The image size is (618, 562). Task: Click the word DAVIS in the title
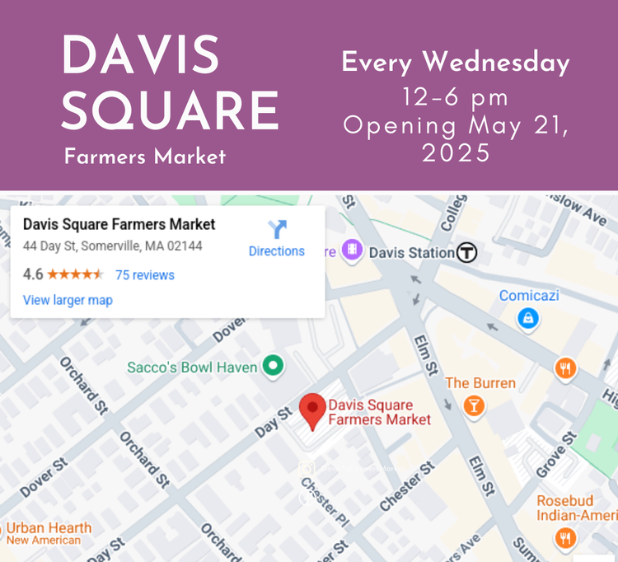(141, 57)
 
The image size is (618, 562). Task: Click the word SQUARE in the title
(170, 110)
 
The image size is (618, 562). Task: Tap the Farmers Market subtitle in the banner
(145, 157)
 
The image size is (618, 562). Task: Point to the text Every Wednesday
(456, 63)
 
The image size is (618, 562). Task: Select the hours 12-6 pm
(456, 98)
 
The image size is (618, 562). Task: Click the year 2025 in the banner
(456, 153)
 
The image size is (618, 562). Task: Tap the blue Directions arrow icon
(277, 230)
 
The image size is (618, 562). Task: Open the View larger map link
(68, 300)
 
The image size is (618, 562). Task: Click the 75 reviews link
(145, 274)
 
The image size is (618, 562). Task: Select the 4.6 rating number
(33, 274)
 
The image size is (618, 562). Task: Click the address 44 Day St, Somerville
(113, 246)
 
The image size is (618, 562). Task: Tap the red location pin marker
(311, 410)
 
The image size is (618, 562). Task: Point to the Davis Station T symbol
(467, 252)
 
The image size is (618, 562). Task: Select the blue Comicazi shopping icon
(528, 317)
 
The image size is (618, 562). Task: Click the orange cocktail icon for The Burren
(474, 405)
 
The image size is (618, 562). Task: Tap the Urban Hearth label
(49, 528)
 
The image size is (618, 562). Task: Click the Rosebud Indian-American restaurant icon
(565, 539)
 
